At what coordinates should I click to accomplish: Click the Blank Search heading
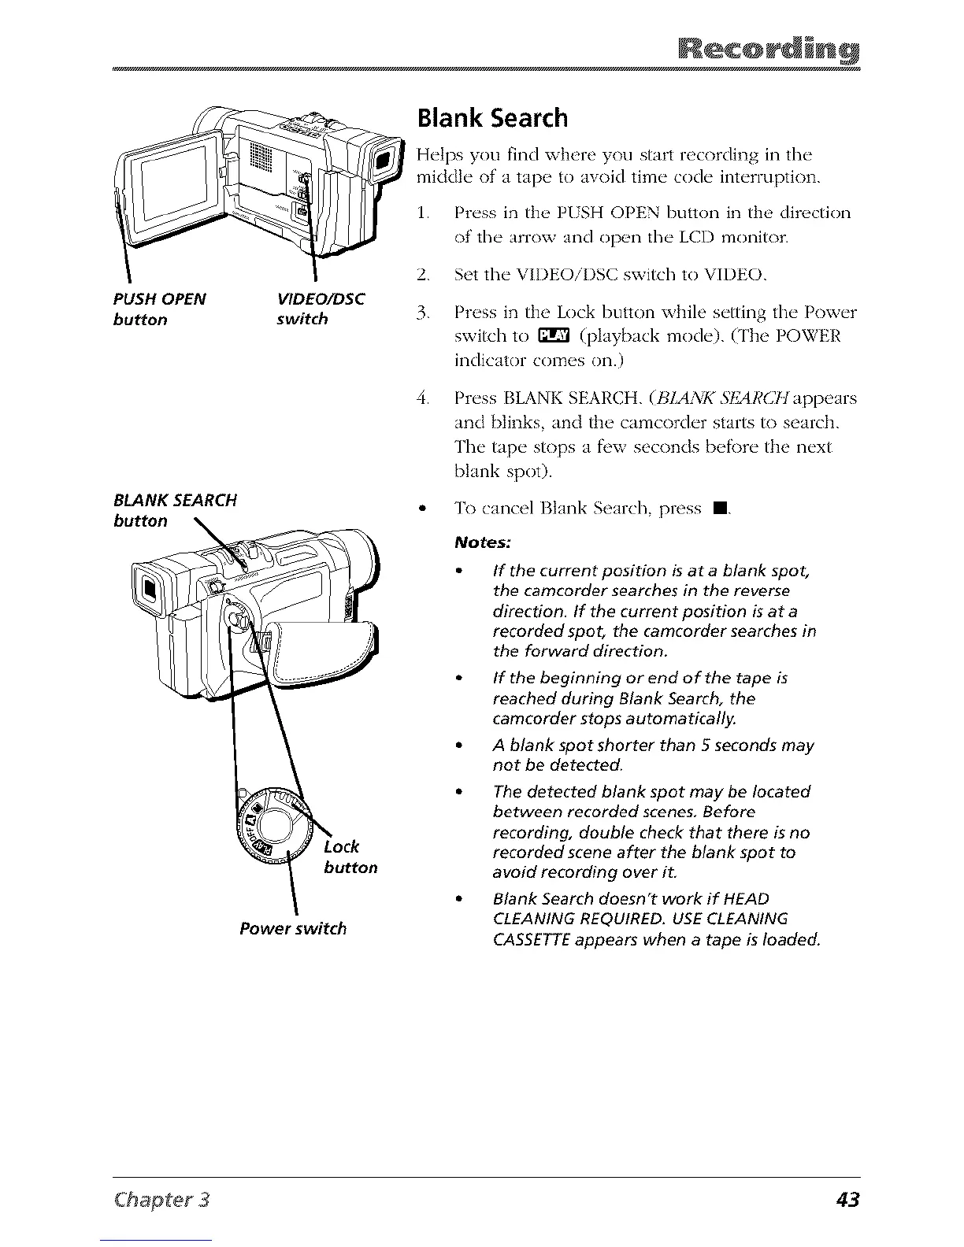coord(492,118)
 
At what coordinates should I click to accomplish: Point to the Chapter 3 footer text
coord(161,1200)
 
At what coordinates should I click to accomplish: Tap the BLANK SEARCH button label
coord(175,510)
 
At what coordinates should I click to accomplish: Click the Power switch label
coord(293,928)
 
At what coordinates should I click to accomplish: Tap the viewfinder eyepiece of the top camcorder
coord(383,163)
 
